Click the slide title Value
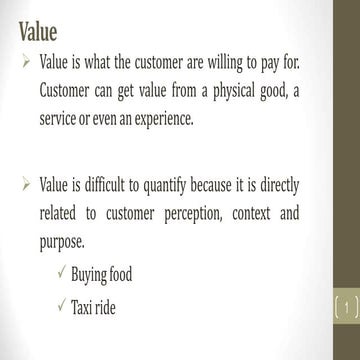tap(39, 30)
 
